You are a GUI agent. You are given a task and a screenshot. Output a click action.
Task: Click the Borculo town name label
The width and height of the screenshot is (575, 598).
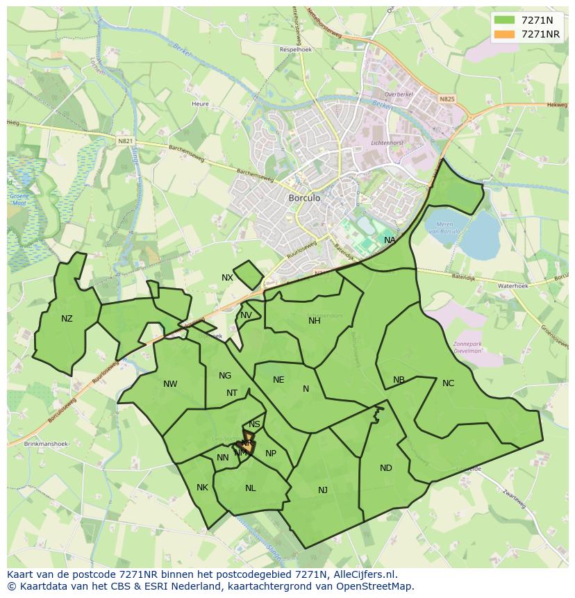(x=304, y=198)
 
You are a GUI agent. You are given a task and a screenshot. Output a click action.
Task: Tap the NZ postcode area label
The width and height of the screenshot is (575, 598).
(x=67, y=319)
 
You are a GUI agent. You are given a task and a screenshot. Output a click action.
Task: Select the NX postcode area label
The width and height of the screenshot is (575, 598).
(x=227, y=278)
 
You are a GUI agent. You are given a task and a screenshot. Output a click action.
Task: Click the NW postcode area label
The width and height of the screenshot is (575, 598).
(x=170, y=384)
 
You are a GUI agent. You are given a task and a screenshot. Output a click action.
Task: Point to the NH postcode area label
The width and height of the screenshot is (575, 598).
(x=315, y=320)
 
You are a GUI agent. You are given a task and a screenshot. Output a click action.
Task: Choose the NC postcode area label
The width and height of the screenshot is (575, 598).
(x=448, y=383)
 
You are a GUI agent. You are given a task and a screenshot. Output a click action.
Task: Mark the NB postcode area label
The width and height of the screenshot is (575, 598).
(x=399, y=380)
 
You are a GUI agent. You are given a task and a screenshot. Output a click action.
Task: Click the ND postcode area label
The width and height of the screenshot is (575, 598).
(x=385, y=468)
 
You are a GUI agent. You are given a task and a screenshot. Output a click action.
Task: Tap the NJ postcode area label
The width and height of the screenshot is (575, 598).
(x=323, y=490)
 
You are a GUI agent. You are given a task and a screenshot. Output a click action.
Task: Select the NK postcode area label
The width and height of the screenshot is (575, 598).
(x=202, y=488)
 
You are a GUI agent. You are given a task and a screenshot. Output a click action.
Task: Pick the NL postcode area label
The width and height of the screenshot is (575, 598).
(x=250, y=488)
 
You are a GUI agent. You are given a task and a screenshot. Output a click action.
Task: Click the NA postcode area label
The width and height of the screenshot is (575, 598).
(x=390, y=240)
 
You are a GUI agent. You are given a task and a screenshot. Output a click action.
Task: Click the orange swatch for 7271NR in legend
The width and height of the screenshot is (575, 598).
(x=504, y=35)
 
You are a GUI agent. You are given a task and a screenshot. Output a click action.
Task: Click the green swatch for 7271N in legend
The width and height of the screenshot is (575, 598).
(x=504, y=20)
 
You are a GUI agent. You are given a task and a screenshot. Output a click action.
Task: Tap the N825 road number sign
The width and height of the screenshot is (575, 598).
(x=447, y=100)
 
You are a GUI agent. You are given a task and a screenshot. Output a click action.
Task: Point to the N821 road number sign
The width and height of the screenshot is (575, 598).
(x=125, y=141)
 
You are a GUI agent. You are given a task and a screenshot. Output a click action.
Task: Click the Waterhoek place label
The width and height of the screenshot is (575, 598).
(x=512, y=285)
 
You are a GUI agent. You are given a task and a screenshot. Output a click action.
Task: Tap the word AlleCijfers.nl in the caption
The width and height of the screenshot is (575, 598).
(x=362, y=574)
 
